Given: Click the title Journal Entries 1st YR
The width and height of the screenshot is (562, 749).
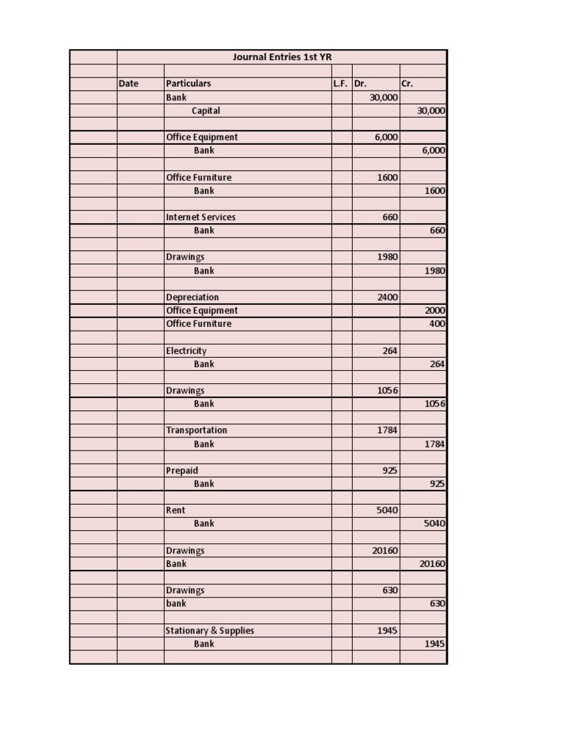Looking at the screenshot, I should pos(282,57).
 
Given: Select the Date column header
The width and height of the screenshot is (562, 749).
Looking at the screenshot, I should pos(128,83).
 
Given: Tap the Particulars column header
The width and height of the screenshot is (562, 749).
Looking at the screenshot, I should pos(188,83).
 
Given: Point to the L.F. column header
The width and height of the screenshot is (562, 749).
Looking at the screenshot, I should pos(340,83).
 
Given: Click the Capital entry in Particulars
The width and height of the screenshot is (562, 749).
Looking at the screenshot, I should pos(206,110).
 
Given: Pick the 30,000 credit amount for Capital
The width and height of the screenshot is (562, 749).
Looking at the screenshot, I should pos(432,110).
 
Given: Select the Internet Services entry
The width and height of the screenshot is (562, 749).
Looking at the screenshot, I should pos(201,217).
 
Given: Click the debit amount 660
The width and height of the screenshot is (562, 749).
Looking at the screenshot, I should pos(390,217).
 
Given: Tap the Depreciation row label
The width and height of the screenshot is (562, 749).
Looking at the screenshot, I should pos(192,297).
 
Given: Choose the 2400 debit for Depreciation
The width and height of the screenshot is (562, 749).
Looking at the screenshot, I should pos(387,297).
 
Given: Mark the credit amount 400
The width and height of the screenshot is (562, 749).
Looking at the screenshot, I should pos(438,323).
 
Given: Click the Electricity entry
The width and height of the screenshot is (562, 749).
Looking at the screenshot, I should pos(186,350).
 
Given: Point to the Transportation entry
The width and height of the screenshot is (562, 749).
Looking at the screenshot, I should pos(196,430).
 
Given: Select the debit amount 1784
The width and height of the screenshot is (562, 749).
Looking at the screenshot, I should pos(387,430).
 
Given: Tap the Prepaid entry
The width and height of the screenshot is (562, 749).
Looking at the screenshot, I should pos(181,470).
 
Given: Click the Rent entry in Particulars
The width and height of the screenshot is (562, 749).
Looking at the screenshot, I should pos(176,510).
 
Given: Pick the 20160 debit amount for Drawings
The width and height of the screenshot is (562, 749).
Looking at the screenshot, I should pos(385,550).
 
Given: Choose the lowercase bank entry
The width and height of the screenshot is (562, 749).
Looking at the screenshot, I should pos(176,603).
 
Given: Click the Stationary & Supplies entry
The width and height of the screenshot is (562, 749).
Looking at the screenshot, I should pos(210,631).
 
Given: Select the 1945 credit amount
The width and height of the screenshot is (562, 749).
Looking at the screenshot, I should pos(435,644).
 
